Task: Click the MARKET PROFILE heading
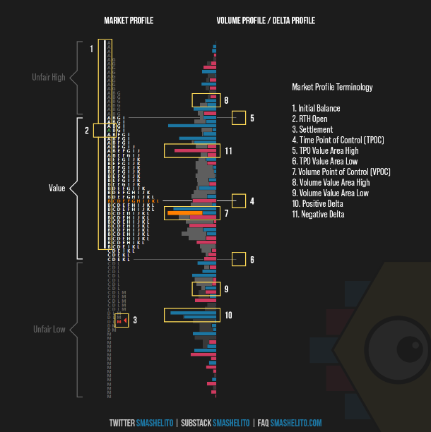pyautogui.click(x=128, y=21)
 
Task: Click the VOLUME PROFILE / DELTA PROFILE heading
pyautogui.click(x=266, y=21)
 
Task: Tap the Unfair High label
pyautogui.click(x=49, y=77)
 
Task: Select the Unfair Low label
pyautogui.click(x=49, y=330)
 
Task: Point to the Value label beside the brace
pyautogui.click(x=57, y=188)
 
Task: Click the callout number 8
pyautogui.click(x=226, y=100)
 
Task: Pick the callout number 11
pyautogui.click(x=228, y=151)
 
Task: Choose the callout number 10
pyautogui.click(x=228, y=315)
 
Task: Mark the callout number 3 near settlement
pyautogui.click(x=134, y=320)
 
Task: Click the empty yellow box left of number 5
pyautogui.click(x=238, y=118)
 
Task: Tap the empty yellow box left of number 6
pyautogui.click(x=238, y=259)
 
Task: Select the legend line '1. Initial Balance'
pyautogui.click(x=316, y=109)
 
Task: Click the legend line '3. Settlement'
pyautogui.click(x=312, y=130)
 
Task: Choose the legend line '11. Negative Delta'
pyautogui.click(x=318, y=214)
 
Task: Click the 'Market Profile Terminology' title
pyautogui.click(x=332, y=88)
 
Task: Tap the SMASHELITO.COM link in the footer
pyautogui.click(x=295, y=423)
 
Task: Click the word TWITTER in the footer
pyautogui.click(x=122, y=423)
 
